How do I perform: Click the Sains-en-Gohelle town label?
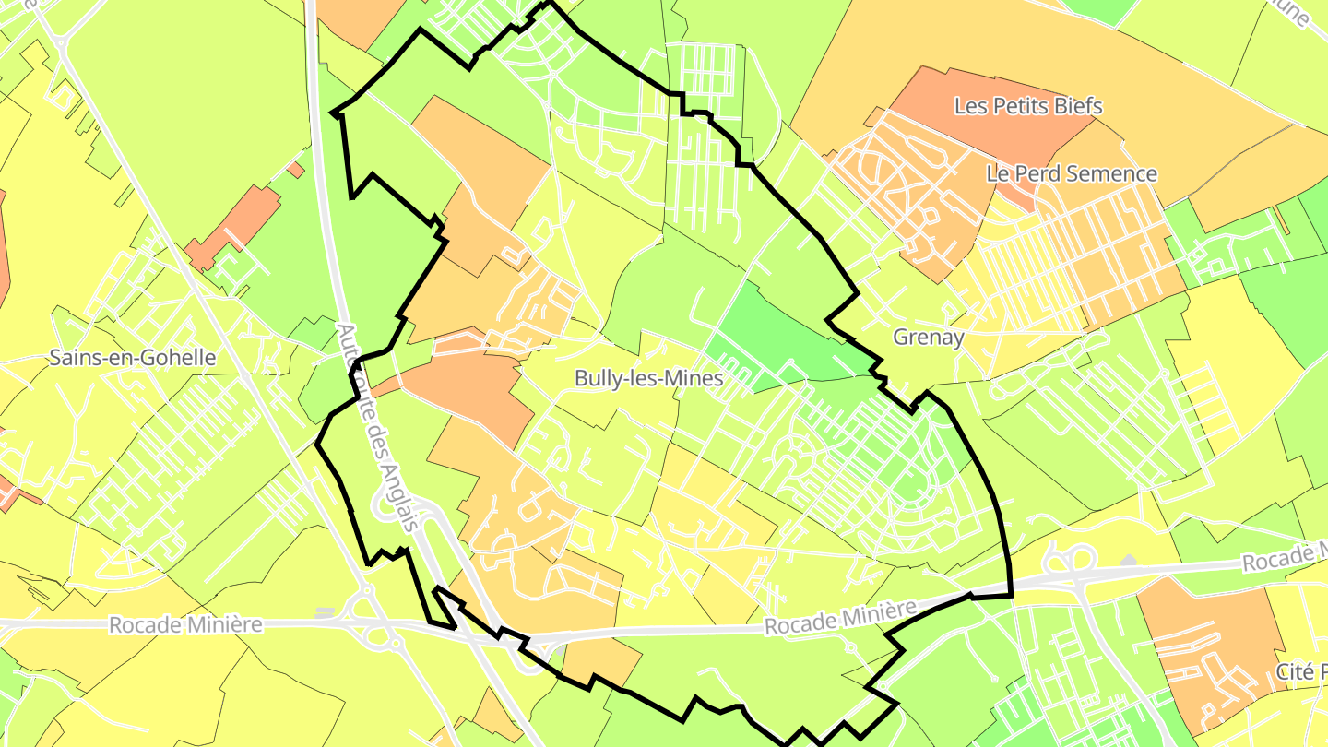tap(134, 358)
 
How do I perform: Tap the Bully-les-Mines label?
tap(647, 378)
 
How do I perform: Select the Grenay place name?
tap(928, 338)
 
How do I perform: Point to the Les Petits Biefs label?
tap(1027, 107)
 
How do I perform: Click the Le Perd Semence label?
tap(1071, 173)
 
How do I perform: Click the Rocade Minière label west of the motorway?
tap(184, 625)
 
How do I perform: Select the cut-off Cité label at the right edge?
tap(1301, 670)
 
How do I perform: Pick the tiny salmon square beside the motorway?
tap(295, 170)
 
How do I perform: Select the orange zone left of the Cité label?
tap(1208, 636)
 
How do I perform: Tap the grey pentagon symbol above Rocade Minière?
tap(1129, 560)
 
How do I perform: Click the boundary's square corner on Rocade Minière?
tap(1012, 596)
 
